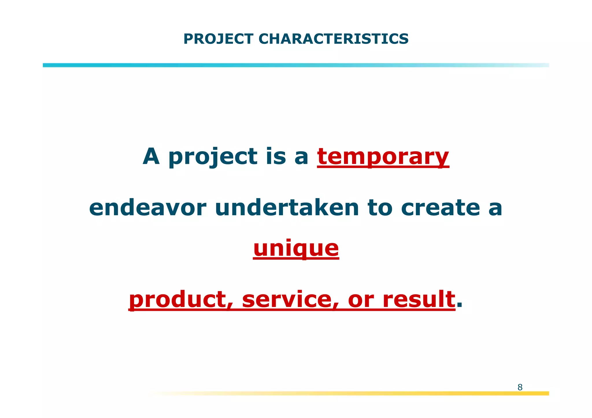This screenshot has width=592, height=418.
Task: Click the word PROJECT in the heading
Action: (218, 39)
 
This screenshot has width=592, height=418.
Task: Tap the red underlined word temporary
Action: (383, 157)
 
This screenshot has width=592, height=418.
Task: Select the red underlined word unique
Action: (296, 249)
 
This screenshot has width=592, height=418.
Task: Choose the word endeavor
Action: (148, 208)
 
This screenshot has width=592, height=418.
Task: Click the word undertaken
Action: (287, 208)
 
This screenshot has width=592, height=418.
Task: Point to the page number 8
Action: (520, 387)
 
